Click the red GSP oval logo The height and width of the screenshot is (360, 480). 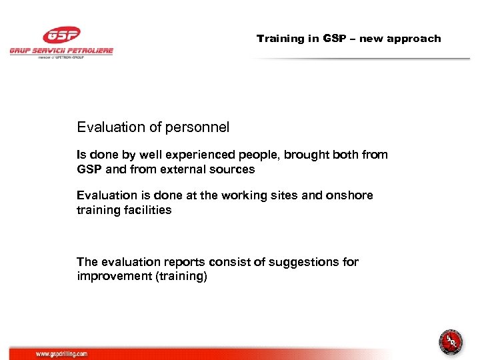61,35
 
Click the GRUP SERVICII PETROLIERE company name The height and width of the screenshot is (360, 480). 61,51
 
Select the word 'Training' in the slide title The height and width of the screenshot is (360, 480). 280,39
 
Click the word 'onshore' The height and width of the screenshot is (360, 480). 352,195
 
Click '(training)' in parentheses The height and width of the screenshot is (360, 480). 181,277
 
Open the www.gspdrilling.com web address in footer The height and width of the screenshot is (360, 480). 61,354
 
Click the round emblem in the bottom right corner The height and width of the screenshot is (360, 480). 451,342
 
